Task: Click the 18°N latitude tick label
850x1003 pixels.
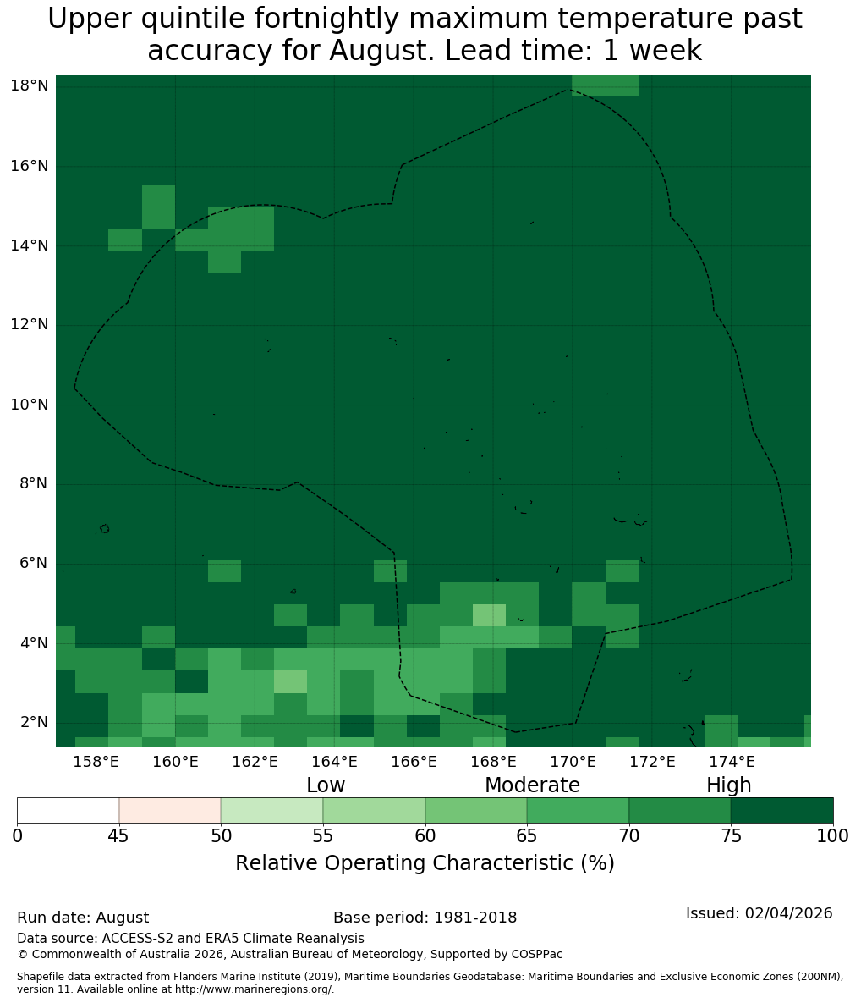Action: point(30,85)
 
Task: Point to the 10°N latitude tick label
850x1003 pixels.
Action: point(30,405)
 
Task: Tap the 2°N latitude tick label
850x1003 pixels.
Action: point(34,722)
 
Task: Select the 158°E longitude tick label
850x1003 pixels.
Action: point(96,761)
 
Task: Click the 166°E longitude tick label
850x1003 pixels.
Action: point(414,761)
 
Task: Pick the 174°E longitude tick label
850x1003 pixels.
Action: point(732,761)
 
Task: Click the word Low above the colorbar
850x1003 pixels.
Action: point(326,785)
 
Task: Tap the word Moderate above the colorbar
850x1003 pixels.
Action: point(532,785)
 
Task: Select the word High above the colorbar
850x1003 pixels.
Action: point(728,785)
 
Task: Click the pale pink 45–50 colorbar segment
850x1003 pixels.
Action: point(170,811)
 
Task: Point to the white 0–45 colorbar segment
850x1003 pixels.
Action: point(69,811)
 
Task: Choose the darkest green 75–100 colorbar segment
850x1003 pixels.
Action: point(781,811)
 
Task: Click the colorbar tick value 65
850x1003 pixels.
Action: point(527,835)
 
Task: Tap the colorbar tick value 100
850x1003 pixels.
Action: point(833,835)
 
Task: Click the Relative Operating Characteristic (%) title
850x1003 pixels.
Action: point(425,862)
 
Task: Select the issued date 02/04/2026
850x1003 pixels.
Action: point(788,912)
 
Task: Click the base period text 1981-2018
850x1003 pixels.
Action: point(475,918)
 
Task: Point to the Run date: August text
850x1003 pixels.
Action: point(83,918)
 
